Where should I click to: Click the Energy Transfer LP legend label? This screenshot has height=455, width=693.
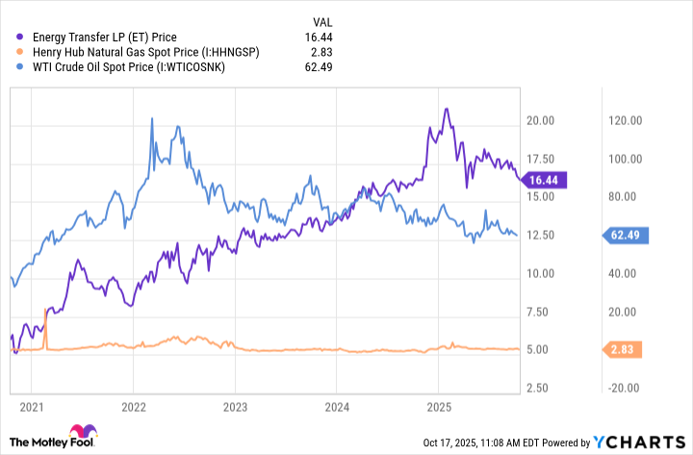pyautogui.click(x=104, y=37)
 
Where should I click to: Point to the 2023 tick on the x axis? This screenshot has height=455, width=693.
pyautogui.click(x=234, y=407)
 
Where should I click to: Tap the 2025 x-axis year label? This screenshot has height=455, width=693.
pyautogui.click(x=438, y=407)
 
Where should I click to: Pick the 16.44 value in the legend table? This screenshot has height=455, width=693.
pyautogui.click(x=321, y=37)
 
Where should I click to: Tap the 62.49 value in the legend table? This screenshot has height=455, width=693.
pyautogui.click(x=321, y=65)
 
